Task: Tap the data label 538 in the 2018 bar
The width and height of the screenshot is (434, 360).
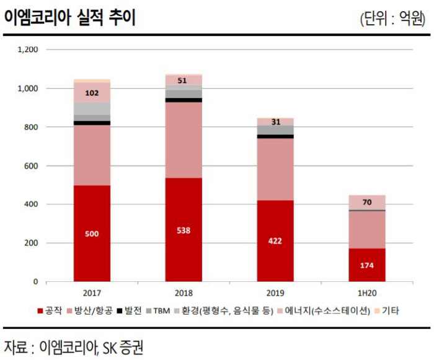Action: tap(183, 230)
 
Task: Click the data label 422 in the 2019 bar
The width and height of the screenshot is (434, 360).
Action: tap(275, 242)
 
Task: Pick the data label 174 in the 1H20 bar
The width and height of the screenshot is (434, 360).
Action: tap(366, 266)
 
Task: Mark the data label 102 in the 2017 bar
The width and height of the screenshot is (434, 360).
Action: tap(92, 93)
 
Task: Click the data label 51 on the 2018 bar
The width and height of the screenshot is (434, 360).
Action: tap(183, 81)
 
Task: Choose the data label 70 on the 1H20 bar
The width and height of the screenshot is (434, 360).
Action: tap(366, 202)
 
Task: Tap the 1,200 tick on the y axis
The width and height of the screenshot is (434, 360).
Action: tap(28, 50)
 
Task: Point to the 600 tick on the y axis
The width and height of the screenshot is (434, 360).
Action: tap(32, 166)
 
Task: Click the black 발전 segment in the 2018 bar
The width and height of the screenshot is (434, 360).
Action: tap(183, 100)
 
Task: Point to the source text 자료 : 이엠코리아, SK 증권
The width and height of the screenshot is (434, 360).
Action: tap(73, 345)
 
